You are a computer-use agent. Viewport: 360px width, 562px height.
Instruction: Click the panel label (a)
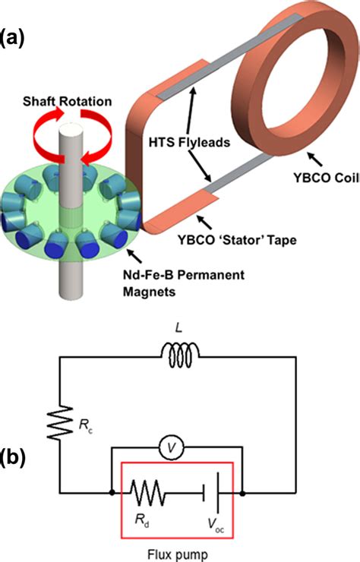point(12,38)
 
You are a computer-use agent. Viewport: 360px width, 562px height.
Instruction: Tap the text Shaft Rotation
point(67,102)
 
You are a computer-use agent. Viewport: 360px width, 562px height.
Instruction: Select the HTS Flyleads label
point(189,142)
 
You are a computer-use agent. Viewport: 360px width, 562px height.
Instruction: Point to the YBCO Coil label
point(327,178)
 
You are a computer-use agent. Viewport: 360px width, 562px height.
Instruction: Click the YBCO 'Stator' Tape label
point(238,239)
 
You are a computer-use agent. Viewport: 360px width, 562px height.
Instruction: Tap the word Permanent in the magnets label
point(211,275)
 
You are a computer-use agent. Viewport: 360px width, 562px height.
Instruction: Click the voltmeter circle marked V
point(172,447)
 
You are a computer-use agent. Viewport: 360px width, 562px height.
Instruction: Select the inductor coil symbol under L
point(179,355)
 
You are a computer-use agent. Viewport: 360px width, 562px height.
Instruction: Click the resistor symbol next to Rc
point(60,422)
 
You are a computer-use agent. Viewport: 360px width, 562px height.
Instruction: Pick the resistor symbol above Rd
point(147,493)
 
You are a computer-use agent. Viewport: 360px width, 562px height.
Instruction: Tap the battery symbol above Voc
point(211,493)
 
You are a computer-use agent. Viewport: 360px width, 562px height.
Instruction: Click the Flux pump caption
point(178,554)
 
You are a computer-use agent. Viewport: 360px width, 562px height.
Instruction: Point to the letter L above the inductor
point(179,327)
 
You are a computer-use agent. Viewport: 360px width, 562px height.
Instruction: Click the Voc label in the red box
point(216,526)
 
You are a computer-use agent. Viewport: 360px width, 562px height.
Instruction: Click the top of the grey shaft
point(71,128)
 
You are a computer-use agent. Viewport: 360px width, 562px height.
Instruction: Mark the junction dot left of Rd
point(112,493)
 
